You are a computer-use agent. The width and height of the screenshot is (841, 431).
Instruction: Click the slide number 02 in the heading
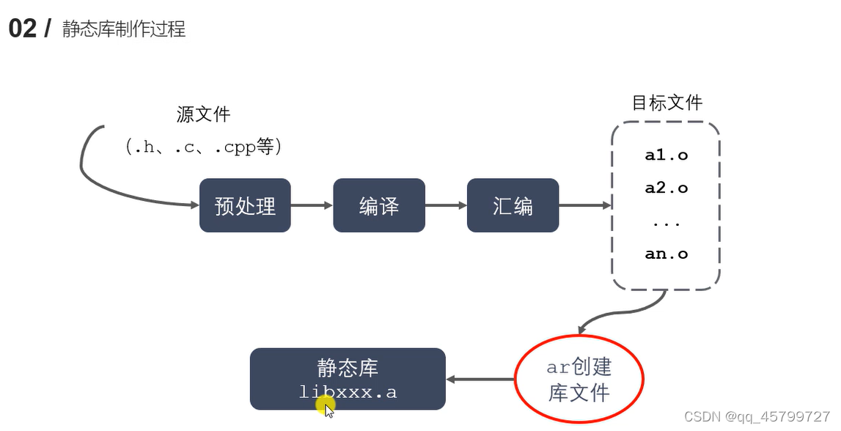tap(22, 29)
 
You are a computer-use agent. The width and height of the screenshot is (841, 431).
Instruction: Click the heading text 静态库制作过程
tap(124, 29)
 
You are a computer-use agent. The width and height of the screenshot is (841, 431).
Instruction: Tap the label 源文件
tap(203, 114)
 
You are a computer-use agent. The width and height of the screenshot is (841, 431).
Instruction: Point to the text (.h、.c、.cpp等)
tap(204, 147)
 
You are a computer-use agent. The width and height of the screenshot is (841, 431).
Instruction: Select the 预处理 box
tap(245, 206)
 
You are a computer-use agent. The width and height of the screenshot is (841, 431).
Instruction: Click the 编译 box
tap(378, 206)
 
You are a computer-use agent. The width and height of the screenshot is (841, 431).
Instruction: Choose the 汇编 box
tap(513, 206)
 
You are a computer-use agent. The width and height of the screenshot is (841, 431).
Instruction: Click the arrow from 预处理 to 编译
tap(312, 206)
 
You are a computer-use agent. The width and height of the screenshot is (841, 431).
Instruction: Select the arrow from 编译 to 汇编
tap(445, 206)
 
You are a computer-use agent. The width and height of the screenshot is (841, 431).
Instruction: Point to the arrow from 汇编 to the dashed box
tap(584, 206)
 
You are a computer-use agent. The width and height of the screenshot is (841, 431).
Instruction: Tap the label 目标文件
tap(666, 103)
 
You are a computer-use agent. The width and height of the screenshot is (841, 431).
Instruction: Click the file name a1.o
tap(666, 155)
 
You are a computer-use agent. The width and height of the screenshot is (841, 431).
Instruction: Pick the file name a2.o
tap(666, 188)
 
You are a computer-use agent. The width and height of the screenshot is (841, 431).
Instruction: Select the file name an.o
tap(666, 254)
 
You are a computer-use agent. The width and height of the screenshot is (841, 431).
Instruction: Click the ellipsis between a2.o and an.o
tap(666, 222)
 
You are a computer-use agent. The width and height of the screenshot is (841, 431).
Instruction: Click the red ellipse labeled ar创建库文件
tap(579, 380)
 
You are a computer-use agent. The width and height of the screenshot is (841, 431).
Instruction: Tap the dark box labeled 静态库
tap(348, 378)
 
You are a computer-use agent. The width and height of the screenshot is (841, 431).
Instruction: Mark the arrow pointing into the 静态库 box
tap(480, 379)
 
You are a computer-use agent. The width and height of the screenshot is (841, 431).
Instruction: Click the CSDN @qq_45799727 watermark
tap(757, 416)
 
